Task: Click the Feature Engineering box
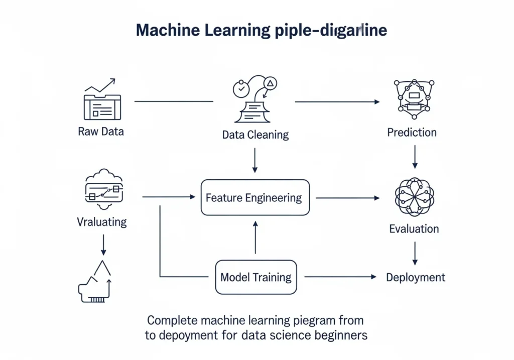click(x=255, y=197)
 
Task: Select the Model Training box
click(x=255, y=277)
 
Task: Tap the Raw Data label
click(x=101, y=132)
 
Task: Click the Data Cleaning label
click(x=255, y=135)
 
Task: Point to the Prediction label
click(x=412, y=133)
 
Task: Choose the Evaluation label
click(x=414, y=229)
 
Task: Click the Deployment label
click(x=415, y=277)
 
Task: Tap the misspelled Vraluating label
click(x=102, y=221)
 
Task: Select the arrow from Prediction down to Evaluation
click(x=415, y=156)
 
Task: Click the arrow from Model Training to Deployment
click(x=340, y=277)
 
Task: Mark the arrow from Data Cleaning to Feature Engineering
click(x=255, y=160)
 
